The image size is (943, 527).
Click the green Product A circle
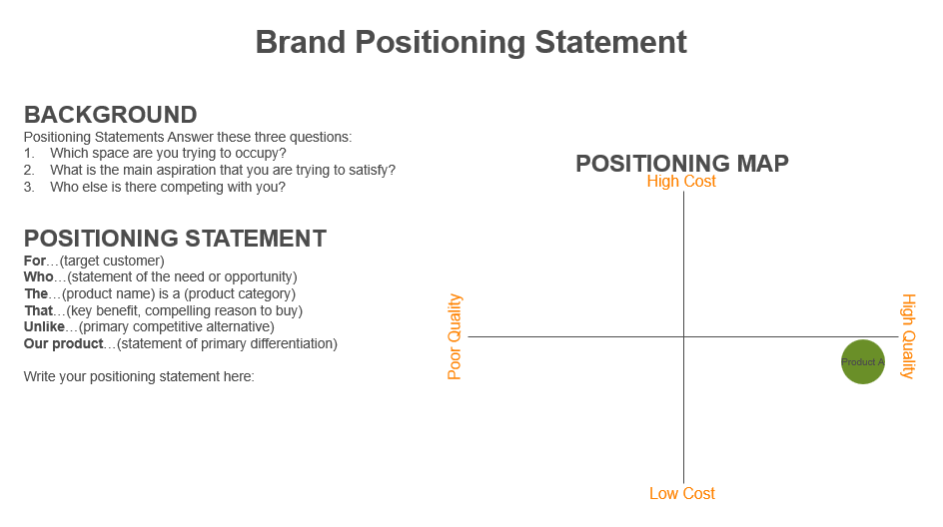(x=862, y=361)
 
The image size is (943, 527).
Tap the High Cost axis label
(x=681, y=182)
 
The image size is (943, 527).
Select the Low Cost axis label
(x=682, y=493)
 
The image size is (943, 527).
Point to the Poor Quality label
(x=455, y=336)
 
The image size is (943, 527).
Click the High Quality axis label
(x=907, y=336)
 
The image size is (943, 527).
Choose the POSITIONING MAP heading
(x=682, y=164)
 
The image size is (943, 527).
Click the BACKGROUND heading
(x=111, y=115)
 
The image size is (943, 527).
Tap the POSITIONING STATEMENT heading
(x=175, y=239)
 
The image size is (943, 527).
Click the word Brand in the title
(x=301, y=42)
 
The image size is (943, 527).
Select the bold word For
(x=35, y=261)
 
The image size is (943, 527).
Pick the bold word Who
(x=39, y=277)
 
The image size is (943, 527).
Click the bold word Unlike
(x=44, y=327)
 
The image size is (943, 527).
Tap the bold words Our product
(x=64, y=343)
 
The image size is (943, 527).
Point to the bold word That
(x=39, y=310)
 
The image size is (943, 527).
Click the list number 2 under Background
(x=29, y=170)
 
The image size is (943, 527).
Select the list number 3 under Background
(x=29, y=187)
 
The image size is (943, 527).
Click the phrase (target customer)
(x=112, y=261)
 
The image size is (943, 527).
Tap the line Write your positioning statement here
(x=139, y=376)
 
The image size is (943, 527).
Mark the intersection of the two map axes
(x=684, y=336)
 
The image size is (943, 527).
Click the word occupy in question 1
(x=260, y=154)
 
